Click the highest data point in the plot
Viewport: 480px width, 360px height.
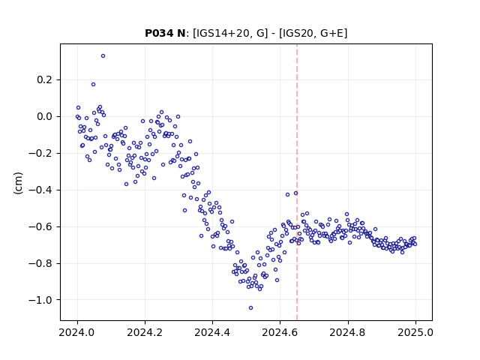click(103, 56)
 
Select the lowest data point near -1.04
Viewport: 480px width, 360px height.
click(250, 308)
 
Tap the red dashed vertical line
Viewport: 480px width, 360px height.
click(297, 182)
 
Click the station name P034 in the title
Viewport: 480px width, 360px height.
click(160, 33)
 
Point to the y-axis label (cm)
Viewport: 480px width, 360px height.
click(18, 183)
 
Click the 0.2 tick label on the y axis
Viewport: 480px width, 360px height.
click(45, 80)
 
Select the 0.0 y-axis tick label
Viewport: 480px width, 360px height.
click(45, 117)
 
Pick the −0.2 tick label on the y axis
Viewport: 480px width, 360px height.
click(40, 153)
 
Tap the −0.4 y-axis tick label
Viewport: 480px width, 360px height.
click(40, 190)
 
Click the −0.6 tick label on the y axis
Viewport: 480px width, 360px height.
click(40, 226)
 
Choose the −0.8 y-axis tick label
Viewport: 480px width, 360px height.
click(40, 263)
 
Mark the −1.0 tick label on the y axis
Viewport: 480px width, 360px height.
click(40, 300)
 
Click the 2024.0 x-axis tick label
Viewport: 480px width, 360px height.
click(77, 332)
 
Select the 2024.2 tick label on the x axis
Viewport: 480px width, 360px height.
click(145, 332)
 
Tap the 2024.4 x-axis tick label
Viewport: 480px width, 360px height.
click(212, 332)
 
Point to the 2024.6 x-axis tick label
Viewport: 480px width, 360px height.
click(280, 332)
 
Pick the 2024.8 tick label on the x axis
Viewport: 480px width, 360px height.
click(348, 332)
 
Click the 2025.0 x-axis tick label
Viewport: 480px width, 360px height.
click(415, 332)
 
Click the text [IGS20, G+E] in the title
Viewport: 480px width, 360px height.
click(313, 33)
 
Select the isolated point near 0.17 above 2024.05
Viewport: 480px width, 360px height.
click(93, 85)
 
